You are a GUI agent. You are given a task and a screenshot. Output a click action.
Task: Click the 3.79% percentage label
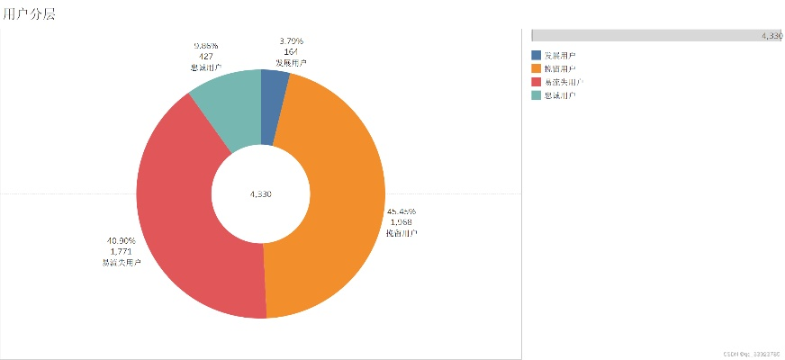click(291, 40)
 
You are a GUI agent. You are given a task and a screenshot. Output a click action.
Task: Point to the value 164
click(291, 51)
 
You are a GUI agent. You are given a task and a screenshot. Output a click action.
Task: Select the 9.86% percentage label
click(205, 45)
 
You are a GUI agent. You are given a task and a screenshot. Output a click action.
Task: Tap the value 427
click(205, 56)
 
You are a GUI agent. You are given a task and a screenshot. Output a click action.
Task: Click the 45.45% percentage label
click(402, 211)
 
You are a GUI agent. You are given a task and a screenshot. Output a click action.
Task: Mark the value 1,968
click(402, 222)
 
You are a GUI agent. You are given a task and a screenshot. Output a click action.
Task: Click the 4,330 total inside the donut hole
click(260, 194)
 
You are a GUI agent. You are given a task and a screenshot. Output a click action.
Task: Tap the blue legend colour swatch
click(537, 56)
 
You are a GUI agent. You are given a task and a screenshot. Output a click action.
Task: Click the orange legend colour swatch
click(537, 68)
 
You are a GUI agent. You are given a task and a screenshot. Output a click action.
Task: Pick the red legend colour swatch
click(537, 81)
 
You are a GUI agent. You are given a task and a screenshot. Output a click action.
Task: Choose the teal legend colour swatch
click(537, 94)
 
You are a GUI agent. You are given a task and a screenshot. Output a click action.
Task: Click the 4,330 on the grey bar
click(771, 35)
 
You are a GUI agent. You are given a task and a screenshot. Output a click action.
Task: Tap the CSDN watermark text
click(751, 354)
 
